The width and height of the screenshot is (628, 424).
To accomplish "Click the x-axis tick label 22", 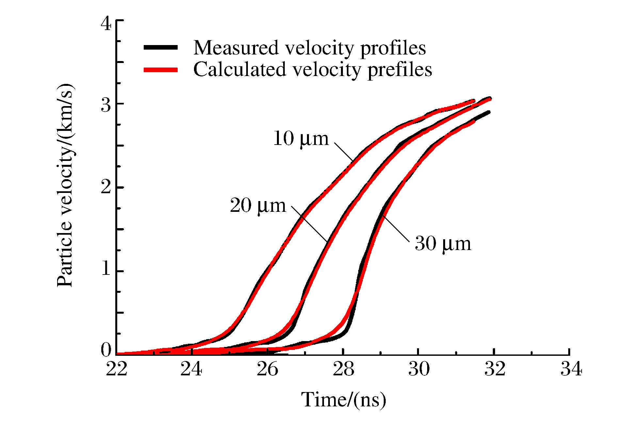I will pos(117,369).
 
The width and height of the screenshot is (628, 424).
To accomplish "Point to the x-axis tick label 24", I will pos(191,369).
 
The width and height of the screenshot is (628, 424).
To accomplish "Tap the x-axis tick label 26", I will pos(267,369).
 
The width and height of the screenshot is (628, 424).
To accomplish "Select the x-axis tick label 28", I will pos(343,369).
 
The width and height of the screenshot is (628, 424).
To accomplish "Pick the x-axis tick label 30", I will pos(419,369).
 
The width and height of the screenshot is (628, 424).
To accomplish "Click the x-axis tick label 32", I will pos(495,369).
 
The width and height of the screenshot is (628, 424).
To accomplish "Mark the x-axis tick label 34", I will pos(571,369).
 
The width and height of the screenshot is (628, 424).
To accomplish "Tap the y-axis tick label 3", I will pos(106,105).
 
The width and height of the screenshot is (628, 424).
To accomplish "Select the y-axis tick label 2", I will pos(106,187).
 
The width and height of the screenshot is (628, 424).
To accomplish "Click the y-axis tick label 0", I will pos(106,350).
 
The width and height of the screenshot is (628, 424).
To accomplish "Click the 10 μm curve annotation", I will pos(301,139).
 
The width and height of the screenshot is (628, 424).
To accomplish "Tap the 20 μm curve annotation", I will pos(258,206).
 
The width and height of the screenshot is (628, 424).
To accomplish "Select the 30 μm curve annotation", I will pos(443,244).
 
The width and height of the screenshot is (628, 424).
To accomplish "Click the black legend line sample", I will pos(161,47).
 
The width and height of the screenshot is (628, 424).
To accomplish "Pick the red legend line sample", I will pos(161,70).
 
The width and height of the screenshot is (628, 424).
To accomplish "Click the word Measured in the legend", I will pos(236,48).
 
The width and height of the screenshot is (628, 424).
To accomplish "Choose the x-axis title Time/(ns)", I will pos(343,400).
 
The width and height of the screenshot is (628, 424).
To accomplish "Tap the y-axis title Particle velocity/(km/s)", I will pos(65,185).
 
